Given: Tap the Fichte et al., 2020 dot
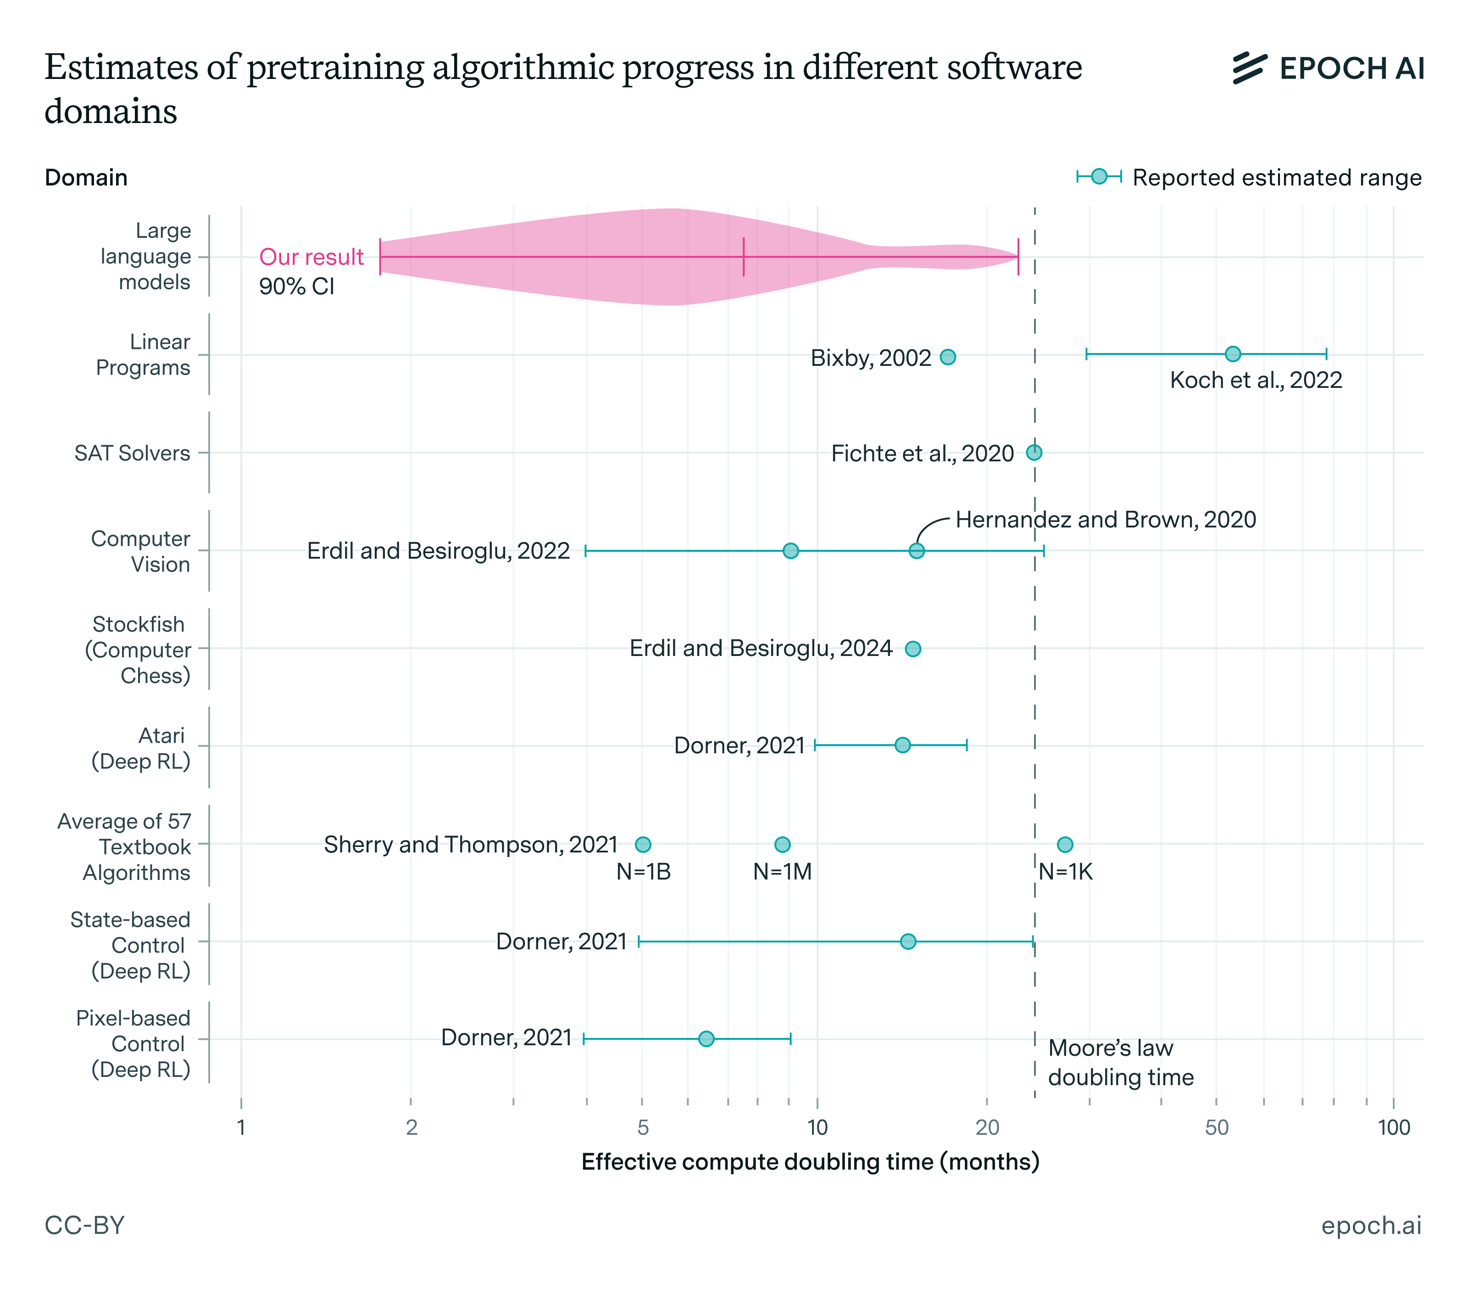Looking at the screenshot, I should coord(1034,453).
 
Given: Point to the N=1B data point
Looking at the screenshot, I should coord(643,844).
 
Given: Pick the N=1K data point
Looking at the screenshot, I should coord(1064,844).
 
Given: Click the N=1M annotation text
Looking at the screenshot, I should coord(782,872).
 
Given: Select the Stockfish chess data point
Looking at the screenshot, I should coord(912,649).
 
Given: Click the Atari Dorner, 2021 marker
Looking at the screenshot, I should coord(902,745).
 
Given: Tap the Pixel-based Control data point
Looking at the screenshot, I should coord(706,1039).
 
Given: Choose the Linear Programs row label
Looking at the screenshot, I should coord(143,355).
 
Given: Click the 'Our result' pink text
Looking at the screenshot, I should coord(311,257).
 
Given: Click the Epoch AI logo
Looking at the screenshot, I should coord(1327,68).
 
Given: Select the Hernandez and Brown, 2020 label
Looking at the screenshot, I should coord(1105,520).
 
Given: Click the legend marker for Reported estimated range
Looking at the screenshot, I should coord(1098,177).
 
